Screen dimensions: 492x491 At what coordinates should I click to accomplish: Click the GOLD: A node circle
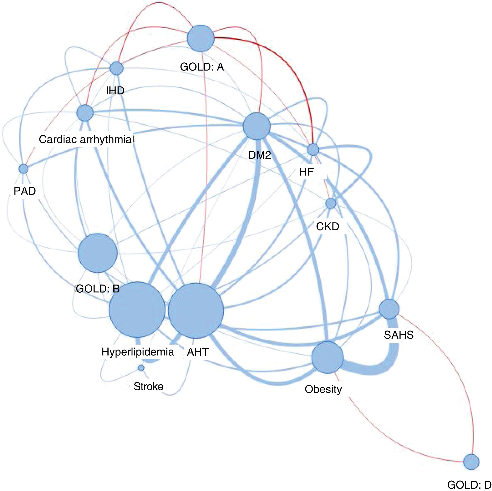[x=201, y=38]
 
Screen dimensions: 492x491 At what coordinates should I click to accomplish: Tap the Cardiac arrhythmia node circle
[x=85, y=113]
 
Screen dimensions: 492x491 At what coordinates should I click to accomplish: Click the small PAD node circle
[x=23, y=169]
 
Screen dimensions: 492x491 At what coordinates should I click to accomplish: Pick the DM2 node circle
[x=256, y=126]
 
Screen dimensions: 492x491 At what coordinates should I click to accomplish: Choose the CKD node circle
[x=331, y=203]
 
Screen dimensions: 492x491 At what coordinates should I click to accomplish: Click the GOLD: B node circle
[x=97, y=253]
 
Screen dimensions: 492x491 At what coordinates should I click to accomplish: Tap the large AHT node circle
[x=196, y=311]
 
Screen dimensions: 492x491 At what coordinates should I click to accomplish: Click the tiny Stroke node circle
[x=141, y=368]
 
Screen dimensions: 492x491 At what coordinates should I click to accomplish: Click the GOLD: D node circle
[x=471, y=462]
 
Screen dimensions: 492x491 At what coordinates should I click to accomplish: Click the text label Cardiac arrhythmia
[x=85, y=139]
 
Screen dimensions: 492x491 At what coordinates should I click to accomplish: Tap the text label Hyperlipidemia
[x=138, y=352]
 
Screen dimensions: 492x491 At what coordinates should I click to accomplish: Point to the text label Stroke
[x=148, y=386]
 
